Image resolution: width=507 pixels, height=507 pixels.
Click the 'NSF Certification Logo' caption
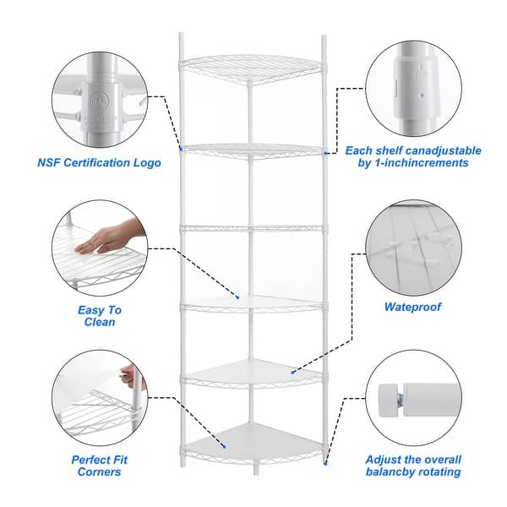(x=99, y=163)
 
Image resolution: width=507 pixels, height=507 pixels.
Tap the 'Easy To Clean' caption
(x=100, y=316)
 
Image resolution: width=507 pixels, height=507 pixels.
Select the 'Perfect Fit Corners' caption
(x=96, y=466)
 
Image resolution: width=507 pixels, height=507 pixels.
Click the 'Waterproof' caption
(x=412, y=308)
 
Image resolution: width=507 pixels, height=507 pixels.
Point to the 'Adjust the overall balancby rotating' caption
(x=412, y=466)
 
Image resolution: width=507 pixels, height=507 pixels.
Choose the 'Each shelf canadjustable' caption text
(x=414, y=150)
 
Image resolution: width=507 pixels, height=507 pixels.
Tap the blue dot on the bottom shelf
(x=225, y=448)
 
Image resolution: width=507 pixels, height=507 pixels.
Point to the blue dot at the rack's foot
(x=325, y=462)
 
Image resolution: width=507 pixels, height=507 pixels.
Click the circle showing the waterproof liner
(x=412, y=246)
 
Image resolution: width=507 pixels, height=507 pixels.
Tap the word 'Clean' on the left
(x=101, y=322)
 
